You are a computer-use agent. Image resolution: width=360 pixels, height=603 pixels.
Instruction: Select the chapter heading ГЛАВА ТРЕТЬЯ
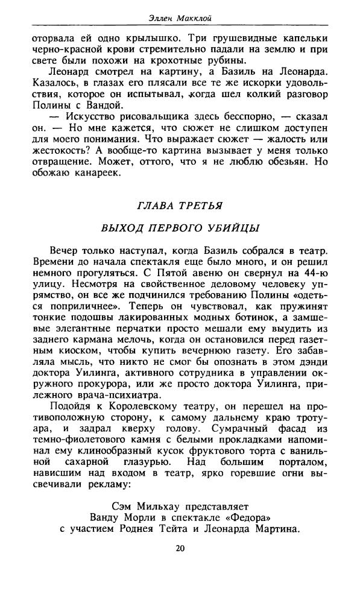click(180, 205)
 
